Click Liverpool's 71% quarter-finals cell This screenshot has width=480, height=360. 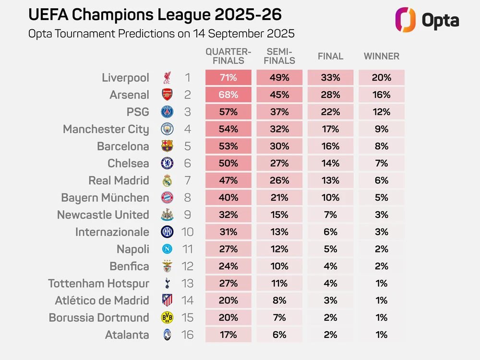(228, 78)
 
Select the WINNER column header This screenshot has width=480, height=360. (381, 56)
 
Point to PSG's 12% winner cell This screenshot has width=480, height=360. (381, 112)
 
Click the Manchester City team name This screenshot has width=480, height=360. (106, 129)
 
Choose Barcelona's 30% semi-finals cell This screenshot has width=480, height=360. (279, 146)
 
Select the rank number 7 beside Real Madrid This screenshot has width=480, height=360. (187, 180)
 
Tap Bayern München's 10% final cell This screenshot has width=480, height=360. (330, 198)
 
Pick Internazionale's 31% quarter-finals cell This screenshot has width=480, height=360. (228, 232)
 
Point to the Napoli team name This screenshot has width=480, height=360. (133, 249)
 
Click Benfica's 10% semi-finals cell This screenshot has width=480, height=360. (279, 266)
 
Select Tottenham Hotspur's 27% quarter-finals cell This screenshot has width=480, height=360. (228, 283)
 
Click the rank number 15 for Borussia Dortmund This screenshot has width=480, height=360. (187, 318)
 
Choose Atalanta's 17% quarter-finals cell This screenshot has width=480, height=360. (228, 335)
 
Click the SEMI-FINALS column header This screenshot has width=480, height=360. (279, 56)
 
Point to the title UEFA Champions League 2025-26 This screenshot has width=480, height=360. (155, 15)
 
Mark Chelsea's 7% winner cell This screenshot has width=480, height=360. (381, 163)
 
